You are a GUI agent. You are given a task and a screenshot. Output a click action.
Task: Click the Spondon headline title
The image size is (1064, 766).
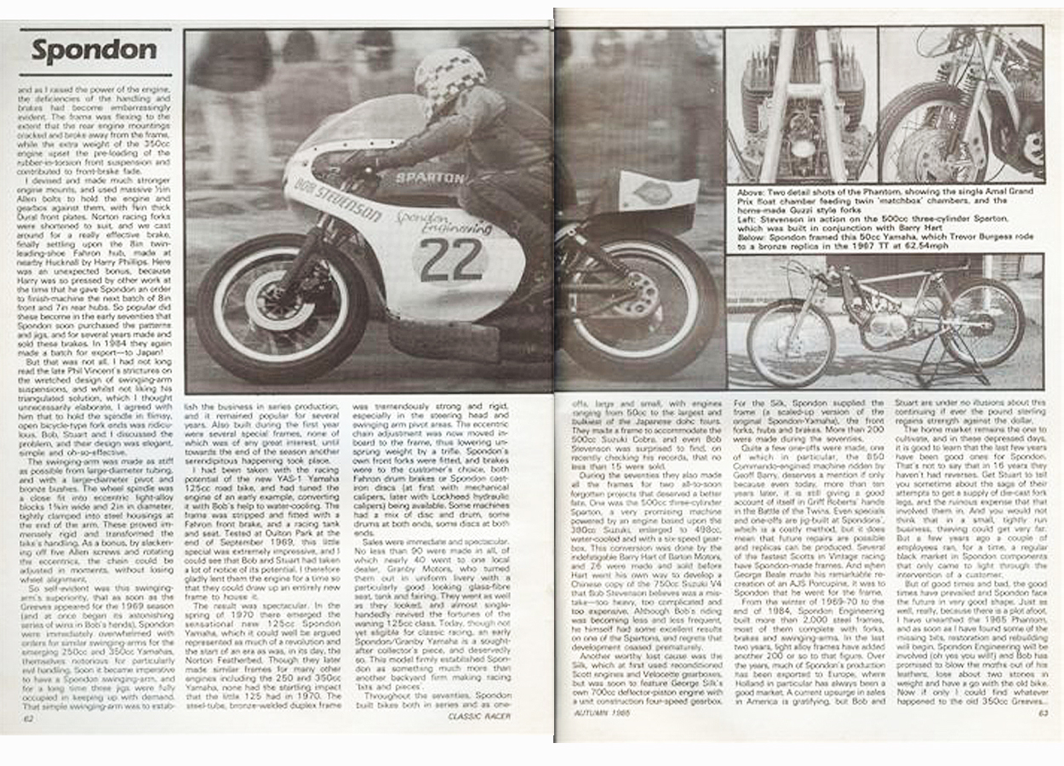[94, 51]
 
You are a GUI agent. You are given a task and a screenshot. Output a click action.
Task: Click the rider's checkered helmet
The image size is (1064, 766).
[449, 81]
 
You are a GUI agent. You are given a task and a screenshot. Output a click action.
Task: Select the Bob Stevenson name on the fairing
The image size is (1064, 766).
[337, 198]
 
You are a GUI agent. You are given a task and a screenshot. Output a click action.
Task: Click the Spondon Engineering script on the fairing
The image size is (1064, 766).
[443, 224]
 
